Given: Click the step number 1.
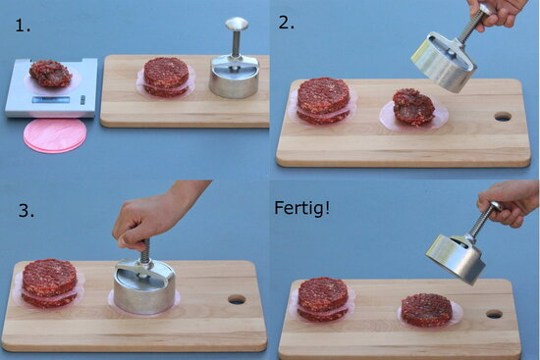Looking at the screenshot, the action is pos(23,26).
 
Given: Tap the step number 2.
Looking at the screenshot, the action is pos(287,23).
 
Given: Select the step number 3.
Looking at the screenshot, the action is pos(27,211).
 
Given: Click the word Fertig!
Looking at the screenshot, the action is pos(301,208).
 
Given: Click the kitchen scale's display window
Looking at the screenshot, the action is pos(51,100).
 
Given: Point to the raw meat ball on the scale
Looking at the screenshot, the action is pos(50,74).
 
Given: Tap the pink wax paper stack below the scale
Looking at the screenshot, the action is pos(55,135).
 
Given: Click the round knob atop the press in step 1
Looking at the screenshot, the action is pos(237,24).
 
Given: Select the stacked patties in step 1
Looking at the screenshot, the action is pos(166,77).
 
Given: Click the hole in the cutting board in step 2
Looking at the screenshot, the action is pos(503,117).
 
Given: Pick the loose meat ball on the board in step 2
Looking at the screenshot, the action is pos(413,107).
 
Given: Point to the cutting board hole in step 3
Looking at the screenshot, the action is pos(237,299).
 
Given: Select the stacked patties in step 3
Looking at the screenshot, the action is pos(50,283).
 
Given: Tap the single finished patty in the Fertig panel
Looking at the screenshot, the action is pos(427,310).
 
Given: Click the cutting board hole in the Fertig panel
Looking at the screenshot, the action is pos(495,314).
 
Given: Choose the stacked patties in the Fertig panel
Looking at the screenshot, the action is pos(323,299).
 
